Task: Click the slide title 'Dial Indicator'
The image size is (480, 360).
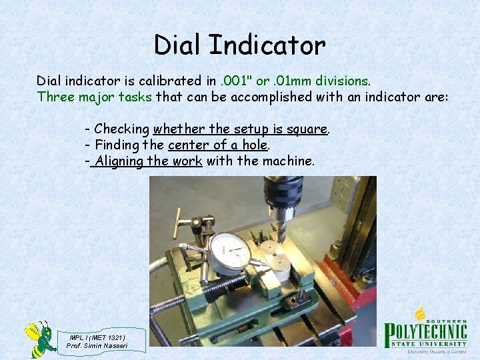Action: [239, 45]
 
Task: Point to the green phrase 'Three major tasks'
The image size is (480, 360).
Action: [94, 97]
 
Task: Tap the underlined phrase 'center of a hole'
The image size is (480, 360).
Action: [218, 145]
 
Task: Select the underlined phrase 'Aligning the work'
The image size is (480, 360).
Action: [147, 161]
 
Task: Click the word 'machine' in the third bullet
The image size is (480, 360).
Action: [287, 161]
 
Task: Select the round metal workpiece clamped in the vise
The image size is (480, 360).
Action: [275, 260]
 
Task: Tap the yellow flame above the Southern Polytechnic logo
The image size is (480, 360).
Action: [421, 313]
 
